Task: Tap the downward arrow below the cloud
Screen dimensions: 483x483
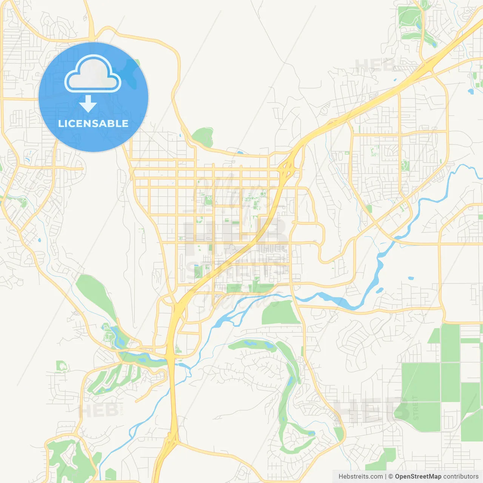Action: pos(88,104)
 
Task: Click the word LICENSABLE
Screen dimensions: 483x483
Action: pos(93,123)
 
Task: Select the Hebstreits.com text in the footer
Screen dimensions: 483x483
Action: pos(360,477)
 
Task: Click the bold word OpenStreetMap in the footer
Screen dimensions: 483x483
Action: pos(418,477)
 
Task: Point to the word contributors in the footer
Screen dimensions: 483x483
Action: pos(461,477)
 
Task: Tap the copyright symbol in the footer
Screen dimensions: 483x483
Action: pos(391,477)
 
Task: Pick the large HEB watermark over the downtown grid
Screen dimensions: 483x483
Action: pos(234,230)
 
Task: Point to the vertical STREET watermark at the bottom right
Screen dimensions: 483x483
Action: pos(415,408)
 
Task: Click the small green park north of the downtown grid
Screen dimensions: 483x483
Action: pos(203,137)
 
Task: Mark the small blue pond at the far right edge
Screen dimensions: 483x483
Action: pos(471,91)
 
